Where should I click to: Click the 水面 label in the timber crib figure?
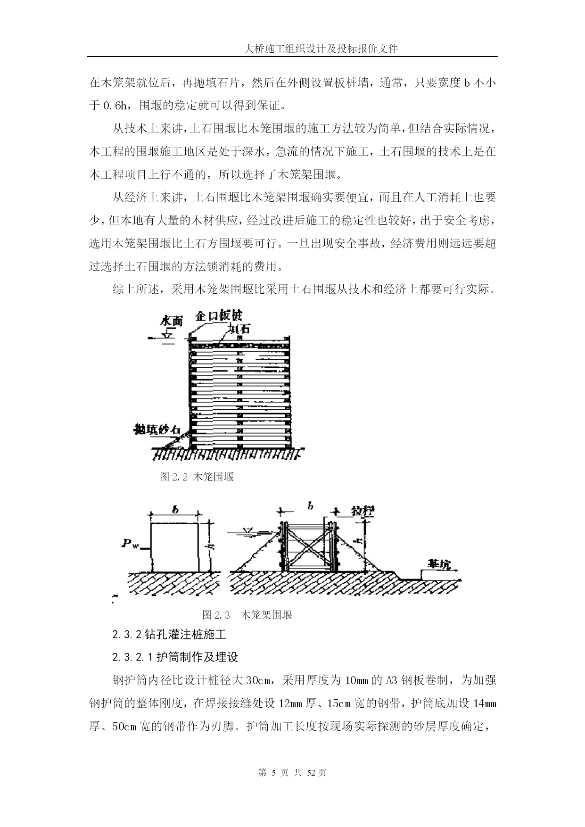[171, 321]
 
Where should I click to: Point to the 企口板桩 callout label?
[219, 315]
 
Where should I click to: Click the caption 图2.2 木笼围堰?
[197, 477]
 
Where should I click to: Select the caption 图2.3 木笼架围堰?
[247, 615]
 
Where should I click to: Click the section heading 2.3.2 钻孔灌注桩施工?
[169, 634]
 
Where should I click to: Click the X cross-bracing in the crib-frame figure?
[308, 547]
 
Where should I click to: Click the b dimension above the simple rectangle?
[174, 510]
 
